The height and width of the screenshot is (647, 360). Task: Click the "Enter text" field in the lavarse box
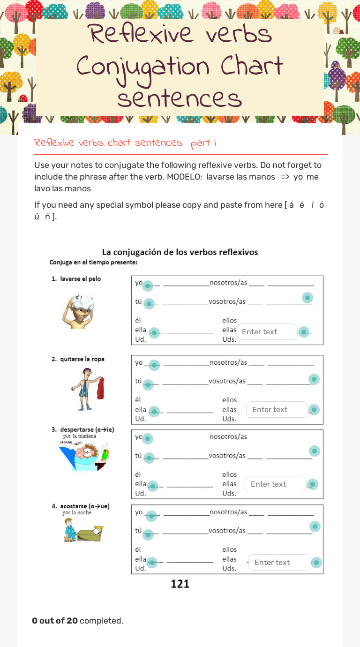point(266,332)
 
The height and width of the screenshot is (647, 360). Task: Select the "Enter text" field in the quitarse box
point(277,410)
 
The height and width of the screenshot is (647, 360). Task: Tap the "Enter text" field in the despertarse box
point(275,484)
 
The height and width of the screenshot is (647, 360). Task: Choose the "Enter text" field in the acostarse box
point(279,563)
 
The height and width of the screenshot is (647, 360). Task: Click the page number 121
point(180,584)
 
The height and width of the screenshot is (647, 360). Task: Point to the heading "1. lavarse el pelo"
point(76,279)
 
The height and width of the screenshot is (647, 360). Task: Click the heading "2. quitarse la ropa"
point(78,359)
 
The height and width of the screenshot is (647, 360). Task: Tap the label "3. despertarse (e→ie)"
point(83,429)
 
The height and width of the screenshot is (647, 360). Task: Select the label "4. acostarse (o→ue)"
point(81,506)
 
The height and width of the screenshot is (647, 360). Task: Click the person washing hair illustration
point(78,310)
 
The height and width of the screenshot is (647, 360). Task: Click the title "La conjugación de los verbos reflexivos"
point(180,252)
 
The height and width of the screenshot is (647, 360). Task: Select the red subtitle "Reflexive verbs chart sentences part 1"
point(125,143)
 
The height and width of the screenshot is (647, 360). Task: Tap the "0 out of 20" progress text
point(55,621)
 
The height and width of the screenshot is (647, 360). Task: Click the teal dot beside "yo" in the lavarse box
point(148,286)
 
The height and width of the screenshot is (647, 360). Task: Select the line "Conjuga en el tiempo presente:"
point(93,263)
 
